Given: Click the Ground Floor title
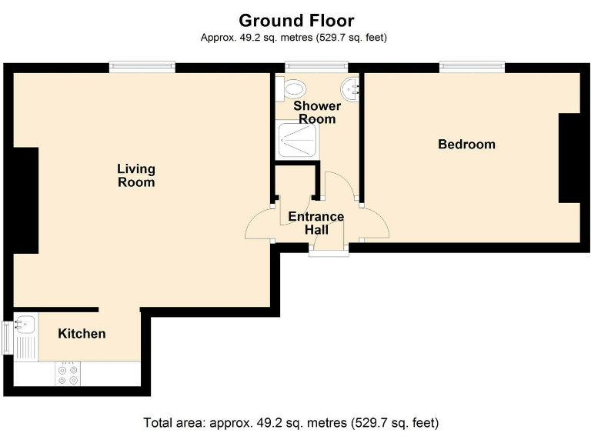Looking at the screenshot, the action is [296, 21].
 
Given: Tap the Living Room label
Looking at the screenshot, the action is [136, 175].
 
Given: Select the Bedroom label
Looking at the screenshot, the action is [466, 145].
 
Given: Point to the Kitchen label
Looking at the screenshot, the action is [82, 333].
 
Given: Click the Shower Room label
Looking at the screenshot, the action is [317, 112].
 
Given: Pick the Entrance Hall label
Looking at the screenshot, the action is [316, 223].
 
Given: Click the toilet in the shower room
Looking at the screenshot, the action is [291, 89].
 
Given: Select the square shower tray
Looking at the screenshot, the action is [297, 140].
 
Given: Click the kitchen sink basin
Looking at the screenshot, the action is [25, 324].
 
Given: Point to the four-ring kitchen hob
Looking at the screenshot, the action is [68, 373].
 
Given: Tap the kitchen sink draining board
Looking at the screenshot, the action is [26, 348].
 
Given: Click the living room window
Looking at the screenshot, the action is [142, 67].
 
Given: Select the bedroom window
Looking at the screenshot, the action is [472, 67].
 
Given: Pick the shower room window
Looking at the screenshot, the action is [316, 67].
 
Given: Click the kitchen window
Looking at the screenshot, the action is [8, 338].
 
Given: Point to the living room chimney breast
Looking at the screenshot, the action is [26, 201].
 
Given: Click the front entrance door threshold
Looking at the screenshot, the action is [329, 251].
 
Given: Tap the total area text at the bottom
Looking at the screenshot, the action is [291, 423].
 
